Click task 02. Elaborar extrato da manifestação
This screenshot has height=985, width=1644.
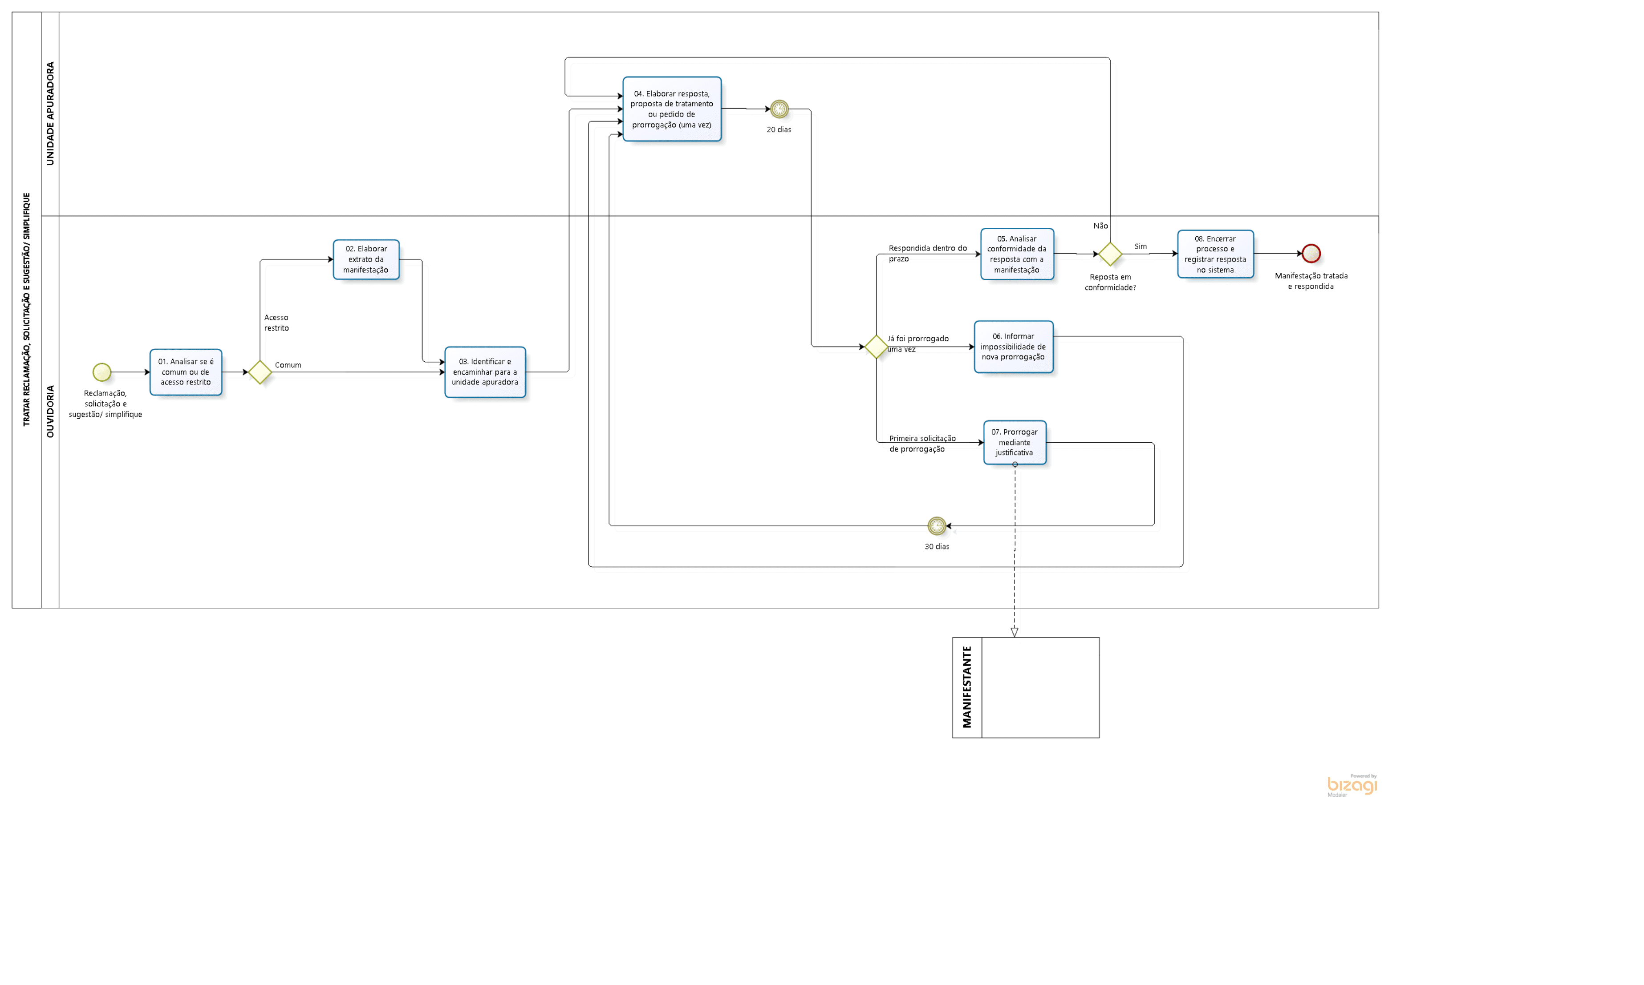coord(366,259)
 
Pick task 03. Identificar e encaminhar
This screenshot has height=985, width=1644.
coord(485,371)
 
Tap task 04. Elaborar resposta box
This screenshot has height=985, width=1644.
coord(672,109)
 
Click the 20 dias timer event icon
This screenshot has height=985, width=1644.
coord(779,109)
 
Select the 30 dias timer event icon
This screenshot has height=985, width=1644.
coord(937,526)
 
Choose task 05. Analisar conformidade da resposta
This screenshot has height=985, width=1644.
coord(1017,254)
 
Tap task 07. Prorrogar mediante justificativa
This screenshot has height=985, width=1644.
coord(1015,442)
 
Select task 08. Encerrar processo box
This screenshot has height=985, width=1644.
coord(1215,254)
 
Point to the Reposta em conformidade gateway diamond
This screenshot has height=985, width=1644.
coord(1110,254)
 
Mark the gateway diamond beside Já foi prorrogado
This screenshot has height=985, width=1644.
coord(876,347)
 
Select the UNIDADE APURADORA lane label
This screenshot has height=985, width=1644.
coord(50,113)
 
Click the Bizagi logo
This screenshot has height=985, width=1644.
coord(1352,785)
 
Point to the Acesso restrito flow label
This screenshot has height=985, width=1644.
coord(276,323)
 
